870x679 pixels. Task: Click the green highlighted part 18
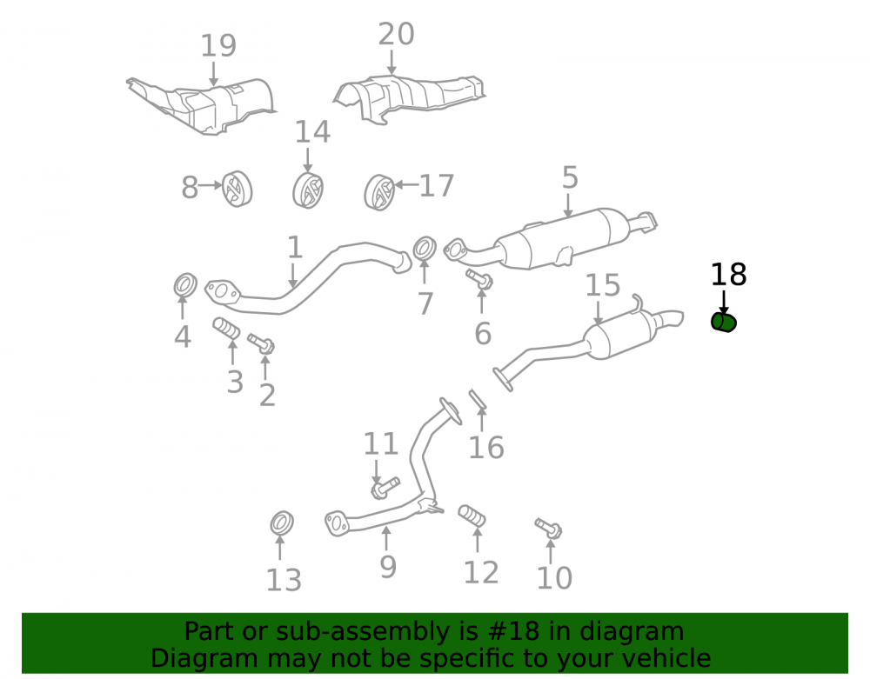(x=724, y=322)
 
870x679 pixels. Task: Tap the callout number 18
(x=728, y=275)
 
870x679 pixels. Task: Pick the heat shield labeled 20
(x=409, y=97)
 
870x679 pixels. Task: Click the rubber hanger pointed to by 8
(x=238, y=189)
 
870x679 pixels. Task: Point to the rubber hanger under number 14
(x=308, y=190)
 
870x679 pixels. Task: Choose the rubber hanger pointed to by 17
(x=379, y=192)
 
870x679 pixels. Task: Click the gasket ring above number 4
(x=185, y=285)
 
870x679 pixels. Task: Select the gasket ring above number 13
(x=282, y=523)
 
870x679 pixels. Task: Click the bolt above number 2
(x=261, y=344)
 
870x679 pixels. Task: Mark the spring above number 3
(x=226, y=329)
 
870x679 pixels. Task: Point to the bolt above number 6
(x=479, y=279)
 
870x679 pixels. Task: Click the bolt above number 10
(x=548, y=529)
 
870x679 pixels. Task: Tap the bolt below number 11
(x=385, y=487)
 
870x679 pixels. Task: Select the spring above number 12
(x=472, y=516)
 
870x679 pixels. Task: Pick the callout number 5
(x=570, y=177)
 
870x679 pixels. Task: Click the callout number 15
(x=603, y=285)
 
